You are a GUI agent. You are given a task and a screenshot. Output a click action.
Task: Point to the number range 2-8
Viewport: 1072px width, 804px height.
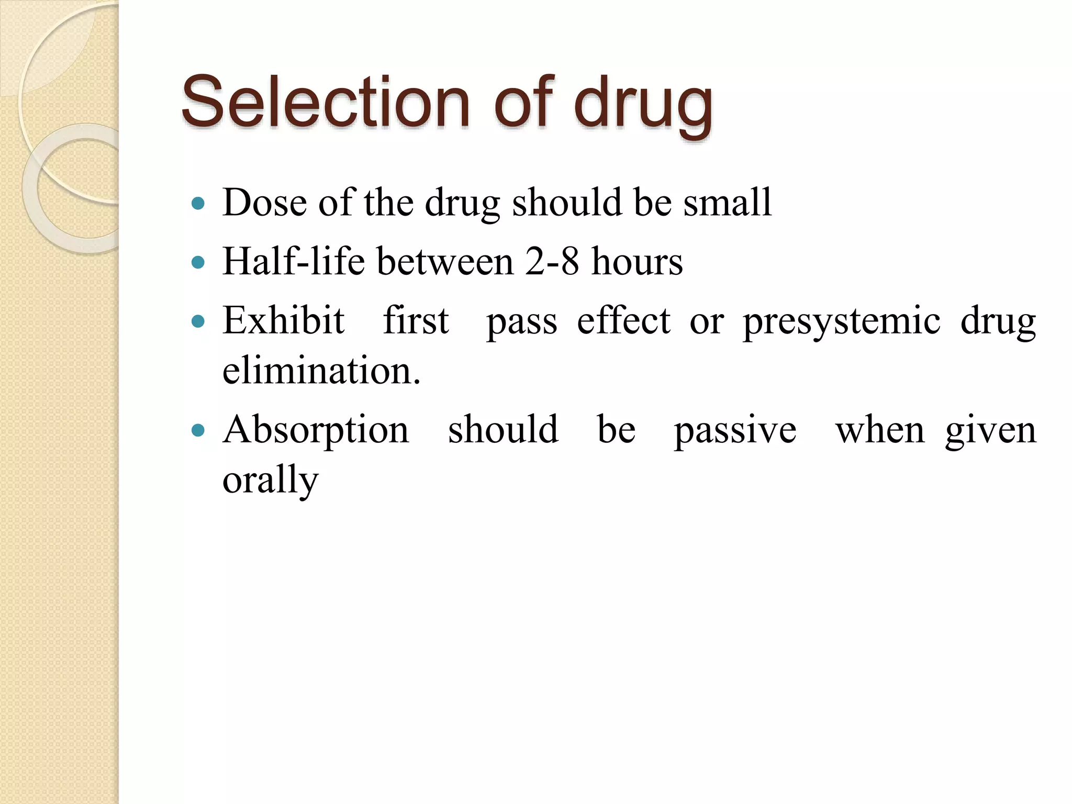[x=552, y=261]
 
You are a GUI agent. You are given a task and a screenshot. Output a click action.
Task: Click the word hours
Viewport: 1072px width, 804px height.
[x=637, y=261]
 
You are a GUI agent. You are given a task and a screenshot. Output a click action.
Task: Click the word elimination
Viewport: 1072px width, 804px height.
[x=321, y=370]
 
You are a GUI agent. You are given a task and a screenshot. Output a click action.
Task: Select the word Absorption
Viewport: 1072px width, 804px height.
[x=316, y=430]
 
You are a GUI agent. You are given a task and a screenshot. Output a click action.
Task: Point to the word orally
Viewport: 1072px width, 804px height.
[x=270, y=481]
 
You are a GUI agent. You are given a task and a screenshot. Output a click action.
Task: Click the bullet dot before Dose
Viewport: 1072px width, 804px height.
[x=198, y=203]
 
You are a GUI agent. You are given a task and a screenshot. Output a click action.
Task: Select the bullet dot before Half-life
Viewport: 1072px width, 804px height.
[x=198, y=262]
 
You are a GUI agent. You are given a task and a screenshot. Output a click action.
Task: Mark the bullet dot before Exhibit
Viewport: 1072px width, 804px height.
[x=198, y=321]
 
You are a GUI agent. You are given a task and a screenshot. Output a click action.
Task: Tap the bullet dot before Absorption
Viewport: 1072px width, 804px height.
[x=198, y=431]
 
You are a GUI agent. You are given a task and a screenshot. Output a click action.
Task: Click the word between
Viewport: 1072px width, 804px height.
[x=445, y=261]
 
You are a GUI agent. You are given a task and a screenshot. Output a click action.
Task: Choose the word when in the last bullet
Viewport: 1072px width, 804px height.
[x=880, y=430]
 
